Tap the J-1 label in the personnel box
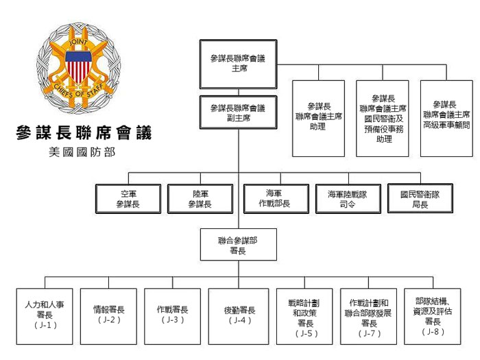tap(46, 325)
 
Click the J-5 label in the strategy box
tap(307, 333)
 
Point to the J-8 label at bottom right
tap(433, 331)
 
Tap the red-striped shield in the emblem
tap(79, 67)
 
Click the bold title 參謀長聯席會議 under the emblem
tap(84, 133)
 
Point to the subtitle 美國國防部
tap(82, 152)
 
